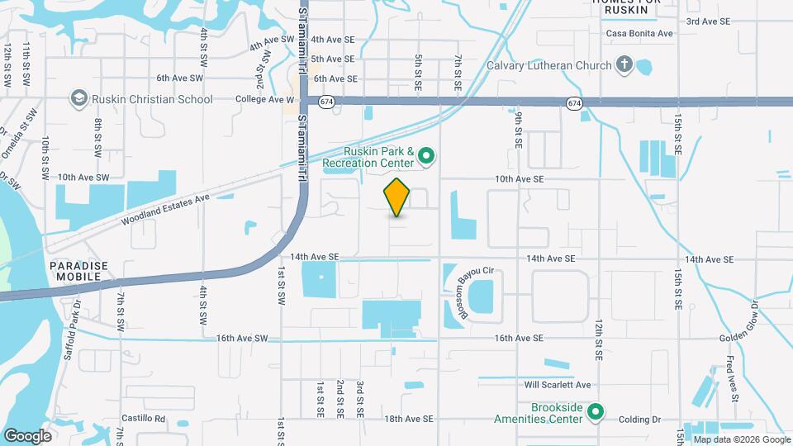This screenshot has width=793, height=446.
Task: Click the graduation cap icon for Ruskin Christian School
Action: [x=79, y=99]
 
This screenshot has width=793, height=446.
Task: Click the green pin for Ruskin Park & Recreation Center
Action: [x=426, y=155]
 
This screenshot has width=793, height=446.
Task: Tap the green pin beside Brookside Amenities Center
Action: [x=596, y=410]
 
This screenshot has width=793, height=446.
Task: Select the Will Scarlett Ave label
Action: [x=558, y=385]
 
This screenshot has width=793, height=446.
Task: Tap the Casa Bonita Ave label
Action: [x=639, y=34]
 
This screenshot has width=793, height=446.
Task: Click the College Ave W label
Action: [x=264, y=99]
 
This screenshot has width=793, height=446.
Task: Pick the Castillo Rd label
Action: [x=144, y=419]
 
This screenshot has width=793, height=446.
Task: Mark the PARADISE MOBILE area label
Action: [x=78, y=271]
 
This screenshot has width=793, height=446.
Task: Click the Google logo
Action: [x=27, y=435]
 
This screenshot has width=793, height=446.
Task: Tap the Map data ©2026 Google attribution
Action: [x=741, y=439]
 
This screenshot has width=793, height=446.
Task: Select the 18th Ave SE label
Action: [x=409, y=419]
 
